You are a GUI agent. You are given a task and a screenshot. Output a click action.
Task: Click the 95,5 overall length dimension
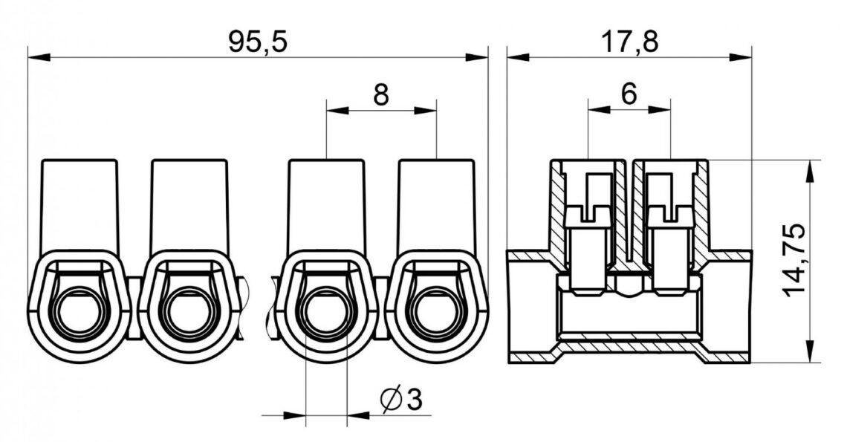(257, 42)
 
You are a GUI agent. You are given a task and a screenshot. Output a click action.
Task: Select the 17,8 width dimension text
(630, 42)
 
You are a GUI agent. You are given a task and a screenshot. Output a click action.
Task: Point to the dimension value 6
(629, 94)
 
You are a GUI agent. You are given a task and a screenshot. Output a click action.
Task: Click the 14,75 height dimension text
(794, 259)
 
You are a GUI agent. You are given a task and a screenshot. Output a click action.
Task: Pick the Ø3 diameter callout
(400, 400)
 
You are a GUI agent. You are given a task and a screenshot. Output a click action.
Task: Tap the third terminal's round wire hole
(325, 312)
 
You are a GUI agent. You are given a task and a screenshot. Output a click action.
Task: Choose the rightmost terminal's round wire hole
(436, 312)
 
